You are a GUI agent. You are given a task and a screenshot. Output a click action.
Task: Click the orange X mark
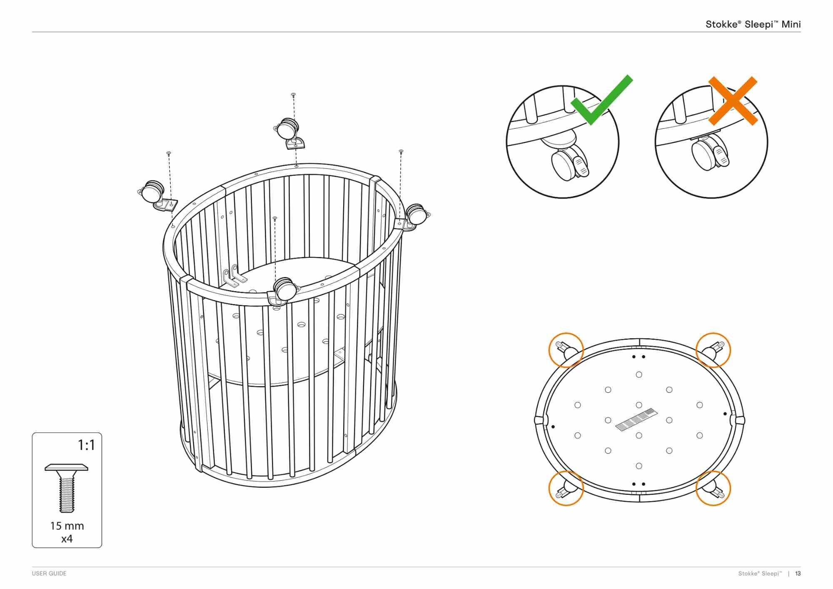click(733, 101)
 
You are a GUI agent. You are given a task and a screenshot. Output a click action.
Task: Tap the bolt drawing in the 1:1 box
click(67, 488)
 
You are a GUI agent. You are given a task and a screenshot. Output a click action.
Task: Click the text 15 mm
click(67, 526)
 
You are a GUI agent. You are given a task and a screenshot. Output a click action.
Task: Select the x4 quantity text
click(67, 539)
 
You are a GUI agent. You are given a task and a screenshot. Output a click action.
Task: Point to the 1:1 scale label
click(87, 445)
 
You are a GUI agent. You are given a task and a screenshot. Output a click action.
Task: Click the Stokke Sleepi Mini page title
click(753, 24)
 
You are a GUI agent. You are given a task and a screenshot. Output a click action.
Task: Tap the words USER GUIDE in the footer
click(49, 574)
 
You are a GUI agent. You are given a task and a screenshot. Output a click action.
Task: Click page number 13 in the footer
click(798, 574)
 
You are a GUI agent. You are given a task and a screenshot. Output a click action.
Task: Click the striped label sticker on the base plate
click(636, 420)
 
